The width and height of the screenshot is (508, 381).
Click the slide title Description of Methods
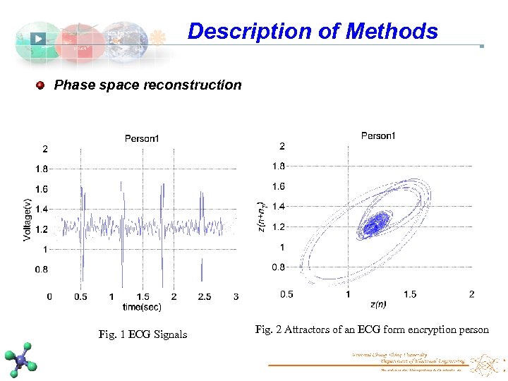click(313, 31)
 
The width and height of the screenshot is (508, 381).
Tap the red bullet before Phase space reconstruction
click(41, 85)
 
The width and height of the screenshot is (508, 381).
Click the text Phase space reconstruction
click(147, 85)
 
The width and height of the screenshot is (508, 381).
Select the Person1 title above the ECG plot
click(142, 138)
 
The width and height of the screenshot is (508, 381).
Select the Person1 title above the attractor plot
click(378, 135)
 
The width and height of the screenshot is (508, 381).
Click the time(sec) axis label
click(142, 307)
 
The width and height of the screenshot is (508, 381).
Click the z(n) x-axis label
click(378, 304)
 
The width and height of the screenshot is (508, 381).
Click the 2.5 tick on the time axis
click(204, 297)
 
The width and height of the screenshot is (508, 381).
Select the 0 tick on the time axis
click(49, 297)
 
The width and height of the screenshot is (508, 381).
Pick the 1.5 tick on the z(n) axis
click(409, 294)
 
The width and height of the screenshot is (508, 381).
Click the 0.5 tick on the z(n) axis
click(287, 294)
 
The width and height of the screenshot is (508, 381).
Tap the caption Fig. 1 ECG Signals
click(143, 334)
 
